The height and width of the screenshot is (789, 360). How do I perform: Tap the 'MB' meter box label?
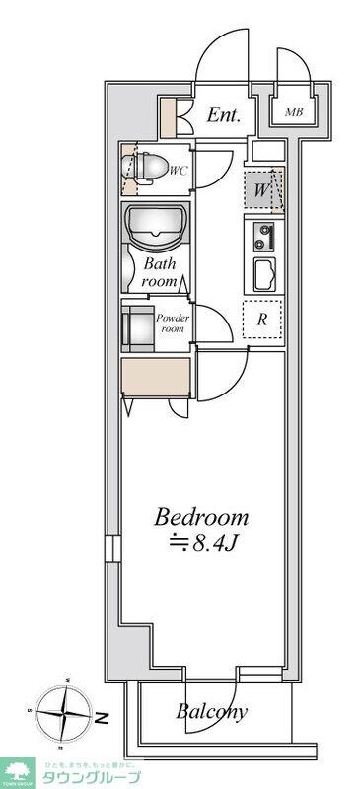click(x=295, y=112)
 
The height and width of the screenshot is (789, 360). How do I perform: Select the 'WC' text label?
click(x=179, y=171)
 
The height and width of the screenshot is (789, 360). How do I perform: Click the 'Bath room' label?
click(x=160, y=272)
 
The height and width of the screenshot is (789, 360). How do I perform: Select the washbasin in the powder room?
click(x=135, y=327)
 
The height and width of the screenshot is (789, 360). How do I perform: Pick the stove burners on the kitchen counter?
click(x=262, y=238)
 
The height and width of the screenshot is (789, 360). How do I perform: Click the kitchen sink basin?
click(x=263, y=274)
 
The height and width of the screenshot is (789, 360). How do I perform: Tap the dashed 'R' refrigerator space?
click(x=263, y=320)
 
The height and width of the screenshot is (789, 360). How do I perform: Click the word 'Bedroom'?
click(x=200, y=517)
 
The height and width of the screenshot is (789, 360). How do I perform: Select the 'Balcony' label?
click(x=211, y=711)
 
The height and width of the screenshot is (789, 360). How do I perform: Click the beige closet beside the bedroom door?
click(x=156, y=378)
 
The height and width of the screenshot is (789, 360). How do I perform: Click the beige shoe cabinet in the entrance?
click(x=169, y=119)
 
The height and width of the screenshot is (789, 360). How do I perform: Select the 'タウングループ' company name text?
click(x=97, y=776)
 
